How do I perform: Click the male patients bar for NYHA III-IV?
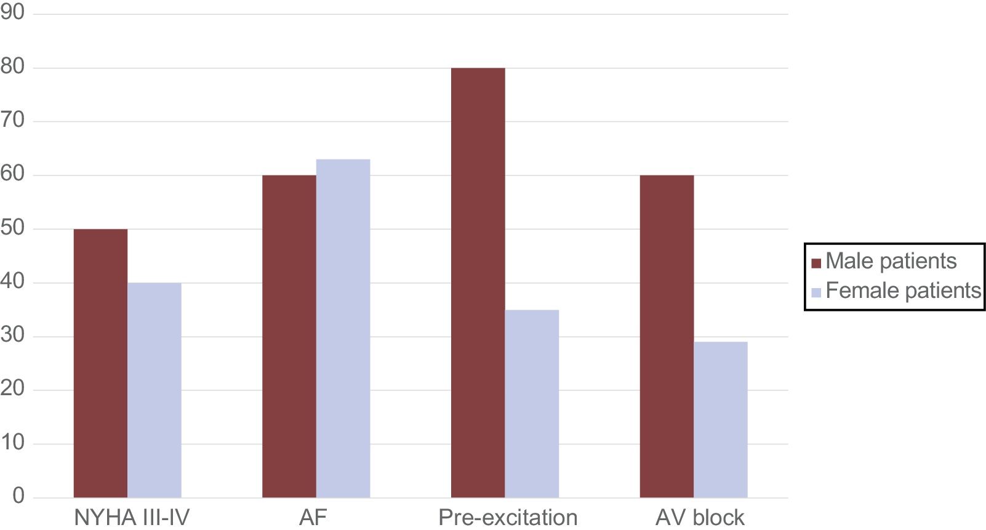pyautogui.click(x=100, y=363)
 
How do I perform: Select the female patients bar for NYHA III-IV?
pyautogui.click(x=154, y=390)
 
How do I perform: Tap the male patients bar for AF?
pyautogui.click(x=289, y=336)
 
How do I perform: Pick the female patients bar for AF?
pyautogui.click(x=343, y=328)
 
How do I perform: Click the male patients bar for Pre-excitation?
pyautogui.click(x=478, y=283)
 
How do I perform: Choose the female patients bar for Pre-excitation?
pyautogui.click(x=532, y=404)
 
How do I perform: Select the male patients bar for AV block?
pyautogui.click(x=667, y=336)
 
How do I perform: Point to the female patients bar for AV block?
pyautogui.click(x=720, y=420)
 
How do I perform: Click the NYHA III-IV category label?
pyautogui.click(x=132, y=517)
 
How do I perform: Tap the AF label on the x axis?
pyautogui.click(x=313, y=517)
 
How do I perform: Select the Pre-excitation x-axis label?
pyautogui.click(x=508, y=517)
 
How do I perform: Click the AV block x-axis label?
pyautogui.click(x=700, y=517)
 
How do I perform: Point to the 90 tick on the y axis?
pyautogui.click(x=12, y=12)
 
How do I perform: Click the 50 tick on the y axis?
pyautogui.click(x=12, y=228)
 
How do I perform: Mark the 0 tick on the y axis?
pyautogui.click(x=18, y=496)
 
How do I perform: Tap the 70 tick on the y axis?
pyautogui.click(x=12, y=120)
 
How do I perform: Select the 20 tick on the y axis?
pyautogui.click(x=12, y=389)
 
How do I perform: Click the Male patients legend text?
pyautogui.click(x=891, y=261)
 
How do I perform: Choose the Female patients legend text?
pyautogui.click(x=903, y=291)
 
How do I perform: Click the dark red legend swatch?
pyautogui.click(x=816, y=263)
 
